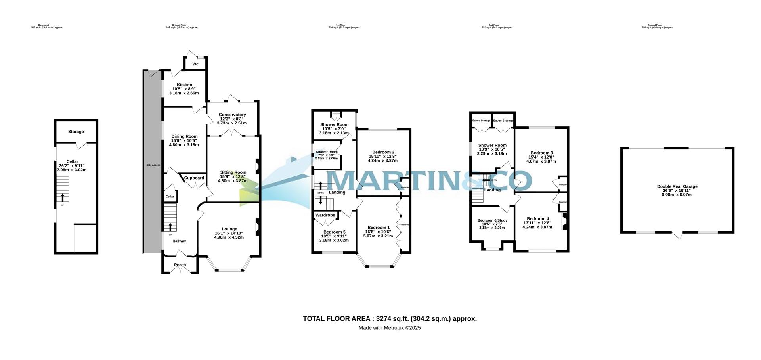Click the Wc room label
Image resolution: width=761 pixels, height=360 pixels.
[x=195, y=64]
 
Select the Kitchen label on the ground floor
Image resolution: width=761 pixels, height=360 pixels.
[x=184, y=85]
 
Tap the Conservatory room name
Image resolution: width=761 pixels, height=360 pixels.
[x=232, y=115]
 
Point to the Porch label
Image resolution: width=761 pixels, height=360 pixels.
[x=180, y=265]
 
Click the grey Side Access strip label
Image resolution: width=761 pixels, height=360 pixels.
[x=153, y=165]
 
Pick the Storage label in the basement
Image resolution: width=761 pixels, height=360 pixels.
[x=76, y=132]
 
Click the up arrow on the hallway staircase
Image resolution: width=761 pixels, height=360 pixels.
[x=170, y=227]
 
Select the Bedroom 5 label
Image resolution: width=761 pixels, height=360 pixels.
[x=334, y=232]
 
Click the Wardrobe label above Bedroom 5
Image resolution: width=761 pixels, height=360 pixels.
[x=325, y=215]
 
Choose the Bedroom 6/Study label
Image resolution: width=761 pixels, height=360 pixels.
[x=492, y=220]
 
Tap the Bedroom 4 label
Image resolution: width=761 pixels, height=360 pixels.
[x=537, y=219]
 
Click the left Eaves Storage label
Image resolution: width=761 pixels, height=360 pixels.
[x=481, y=121]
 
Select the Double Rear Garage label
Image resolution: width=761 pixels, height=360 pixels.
[x=677, y=186]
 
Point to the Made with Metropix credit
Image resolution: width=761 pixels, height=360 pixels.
[x=390, y=328]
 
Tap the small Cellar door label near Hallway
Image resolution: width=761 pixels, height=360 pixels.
[x=170, y=197]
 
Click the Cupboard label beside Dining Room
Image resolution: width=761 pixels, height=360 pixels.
[x=194, y=178]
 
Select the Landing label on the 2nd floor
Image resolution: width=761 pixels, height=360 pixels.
[x=492, y=190]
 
